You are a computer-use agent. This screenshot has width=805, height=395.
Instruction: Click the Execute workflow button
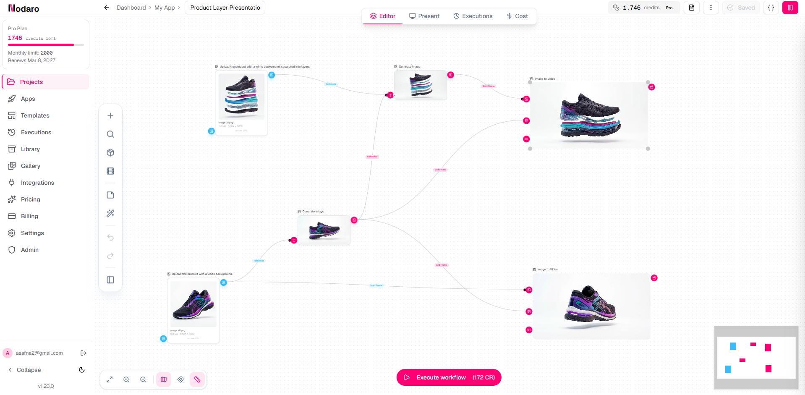click(449, 377)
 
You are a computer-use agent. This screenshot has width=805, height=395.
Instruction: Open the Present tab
click(424, 16)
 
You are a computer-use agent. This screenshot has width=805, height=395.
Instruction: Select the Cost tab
click(517, 16)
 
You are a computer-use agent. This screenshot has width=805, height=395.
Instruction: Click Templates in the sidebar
click(35, 115)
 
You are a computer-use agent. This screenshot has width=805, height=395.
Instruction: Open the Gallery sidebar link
click(30, 166)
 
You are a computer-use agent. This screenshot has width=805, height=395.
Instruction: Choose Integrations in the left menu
click(37, 183)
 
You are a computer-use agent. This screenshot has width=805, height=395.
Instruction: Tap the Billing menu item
click(29, 216)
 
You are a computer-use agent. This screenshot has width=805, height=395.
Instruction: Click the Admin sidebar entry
click(29, 250)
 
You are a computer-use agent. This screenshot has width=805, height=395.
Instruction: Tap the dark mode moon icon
click(82, 370)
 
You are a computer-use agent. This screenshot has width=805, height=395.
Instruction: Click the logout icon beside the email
click(84, 353)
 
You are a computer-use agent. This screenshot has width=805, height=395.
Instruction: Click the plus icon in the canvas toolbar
click(110, 116)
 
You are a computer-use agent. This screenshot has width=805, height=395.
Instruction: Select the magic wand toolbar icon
click(110, 213)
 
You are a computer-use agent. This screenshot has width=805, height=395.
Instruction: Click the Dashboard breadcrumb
click(131, 8)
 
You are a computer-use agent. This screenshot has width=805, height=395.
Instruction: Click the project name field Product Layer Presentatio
click(225, 8)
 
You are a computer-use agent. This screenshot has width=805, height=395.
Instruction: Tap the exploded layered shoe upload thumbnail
click(241, 97)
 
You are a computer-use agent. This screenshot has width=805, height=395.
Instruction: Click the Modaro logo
click(24, 8)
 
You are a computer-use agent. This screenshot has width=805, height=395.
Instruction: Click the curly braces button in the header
click(771, 8)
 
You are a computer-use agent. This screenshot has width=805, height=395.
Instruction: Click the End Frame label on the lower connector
click(442, 265)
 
